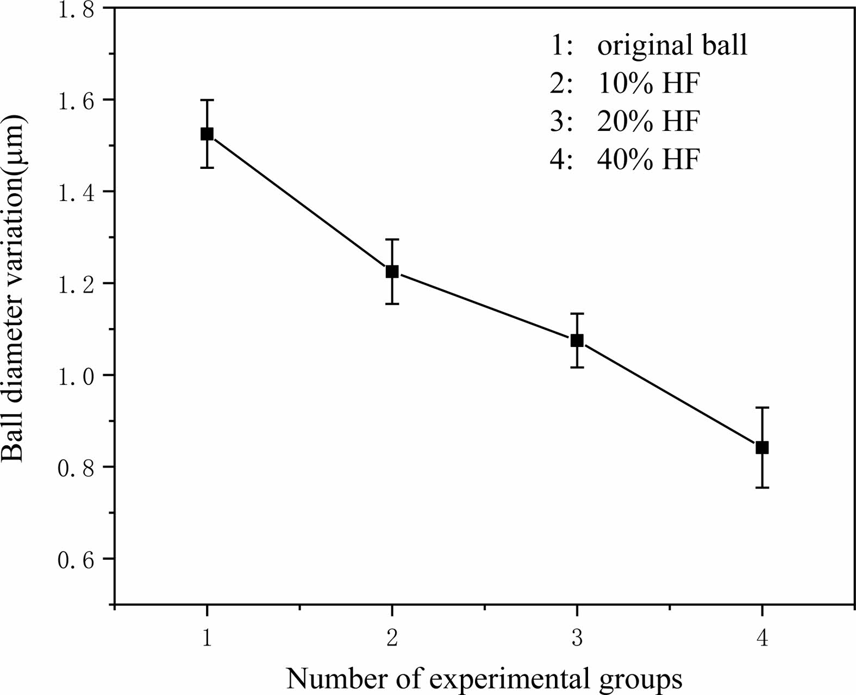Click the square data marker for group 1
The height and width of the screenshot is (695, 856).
(x=207, y=134)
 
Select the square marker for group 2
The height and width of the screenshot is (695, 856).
(x=392, y=271)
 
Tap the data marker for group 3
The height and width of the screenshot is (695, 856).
(x=577, y=340)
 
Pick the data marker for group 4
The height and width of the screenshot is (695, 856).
(x=762, y=447)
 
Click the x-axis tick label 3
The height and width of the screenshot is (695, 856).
(x=577, y=639)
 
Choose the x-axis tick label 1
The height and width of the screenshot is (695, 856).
(x=207, y=639)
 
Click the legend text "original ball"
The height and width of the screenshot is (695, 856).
(x=672, y=46)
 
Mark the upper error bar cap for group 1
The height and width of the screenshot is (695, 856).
(x=207, y=100)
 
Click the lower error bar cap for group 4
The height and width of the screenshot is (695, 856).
(x=762, y=488)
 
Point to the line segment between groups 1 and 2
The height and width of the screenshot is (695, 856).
(x=299, y=203)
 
